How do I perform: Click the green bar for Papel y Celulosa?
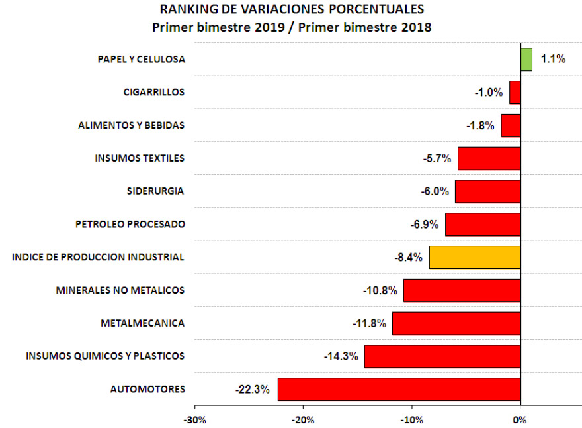click(x=526, y=59)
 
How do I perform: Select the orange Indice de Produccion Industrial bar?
click(x=475, y=257)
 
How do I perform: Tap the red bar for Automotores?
click(x=399, y=389)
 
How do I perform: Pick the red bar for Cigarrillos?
click(x=515, y=92)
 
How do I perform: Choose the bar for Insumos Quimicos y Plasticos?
click(x=442, y=356)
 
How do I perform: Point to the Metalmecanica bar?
click(x=456, y=323)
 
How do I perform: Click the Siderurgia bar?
click(x=487, y=191)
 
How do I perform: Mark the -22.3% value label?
click(x=252, y=390)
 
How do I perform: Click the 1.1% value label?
click(x=553, y=59)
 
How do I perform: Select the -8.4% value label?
click(x=407, y=257)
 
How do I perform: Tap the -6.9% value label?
click(x=424, y=224)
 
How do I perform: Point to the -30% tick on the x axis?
click(x=194, y=419)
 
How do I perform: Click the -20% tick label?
click(x=303, y=419)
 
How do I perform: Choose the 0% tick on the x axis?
click(x=520, y=419)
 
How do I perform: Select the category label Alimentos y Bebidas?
click(x=131, y=125)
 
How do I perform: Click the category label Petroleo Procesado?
click(x=130, y=224)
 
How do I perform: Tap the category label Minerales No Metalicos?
click(x=120, y=290)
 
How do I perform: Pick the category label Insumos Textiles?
click(x=140, y=158)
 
